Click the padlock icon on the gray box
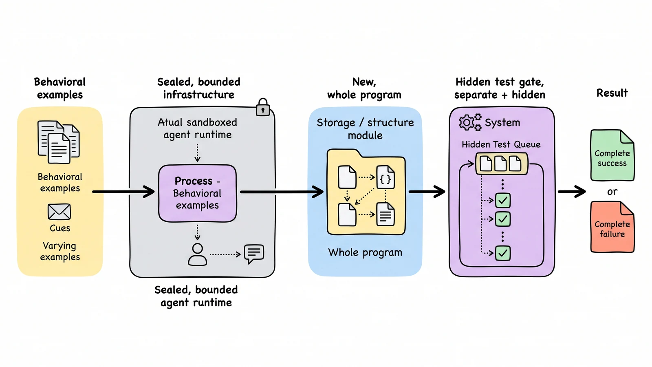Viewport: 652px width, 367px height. click(x=262, y=107)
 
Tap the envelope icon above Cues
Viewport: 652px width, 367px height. click(x=59, y=212)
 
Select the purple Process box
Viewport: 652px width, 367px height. click(x=197, y=193)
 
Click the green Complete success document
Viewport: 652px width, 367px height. click(x=612, y=155)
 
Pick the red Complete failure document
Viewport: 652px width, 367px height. click(x=612, y=227)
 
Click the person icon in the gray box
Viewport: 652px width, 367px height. click(x=197, y=254)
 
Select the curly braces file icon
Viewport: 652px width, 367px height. click(x=385, y=177)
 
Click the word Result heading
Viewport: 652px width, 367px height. click(x=612, y=93)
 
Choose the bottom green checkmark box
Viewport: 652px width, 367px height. click(x=503, y=253)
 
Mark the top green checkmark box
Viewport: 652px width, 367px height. click(x=503, y=200)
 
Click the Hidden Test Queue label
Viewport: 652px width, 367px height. click(x=501, y=144)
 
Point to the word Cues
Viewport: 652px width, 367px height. click(x=59, y=228)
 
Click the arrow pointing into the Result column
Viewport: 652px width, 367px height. click(x=572, y=192)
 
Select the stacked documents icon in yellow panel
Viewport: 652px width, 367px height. click(x=59, y=142)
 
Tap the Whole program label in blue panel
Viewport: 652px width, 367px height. click(x=365, y=252)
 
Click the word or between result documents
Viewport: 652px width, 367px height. click(x=612, y=192)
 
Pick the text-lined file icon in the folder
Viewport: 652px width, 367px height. click(x=385, y=214)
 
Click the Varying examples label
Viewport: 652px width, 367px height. click(x=60, y=251)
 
